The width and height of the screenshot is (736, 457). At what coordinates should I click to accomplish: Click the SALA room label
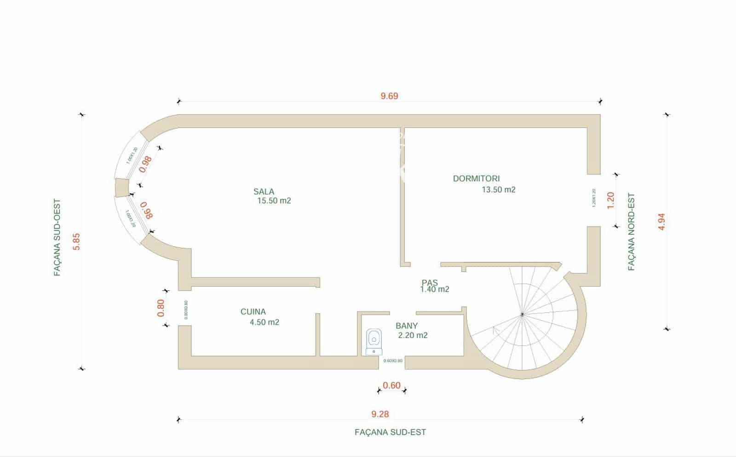[x=264, y=192]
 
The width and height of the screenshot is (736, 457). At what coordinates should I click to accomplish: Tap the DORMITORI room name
[x=476, y=179]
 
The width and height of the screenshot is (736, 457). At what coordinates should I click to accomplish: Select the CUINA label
[x=253, y=312]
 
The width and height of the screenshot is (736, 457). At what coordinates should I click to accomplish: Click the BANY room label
[x=407, y=326]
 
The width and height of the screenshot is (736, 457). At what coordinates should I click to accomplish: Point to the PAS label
[x=430, y=282]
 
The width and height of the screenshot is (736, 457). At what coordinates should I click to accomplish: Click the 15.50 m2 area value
[x=274, y=201]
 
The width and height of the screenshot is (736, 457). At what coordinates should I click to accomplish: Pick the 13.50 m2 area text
[x=498, y=190]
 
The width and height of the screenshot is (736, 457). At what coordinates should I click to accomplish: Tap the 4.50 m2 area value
[x=264, y=322]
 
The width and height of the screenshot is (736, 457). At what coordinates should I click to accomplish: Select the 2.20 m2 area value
[x=413, y=335]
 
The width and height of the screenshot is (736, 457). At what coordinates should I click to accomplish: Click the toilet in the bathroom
[x=374, y=340]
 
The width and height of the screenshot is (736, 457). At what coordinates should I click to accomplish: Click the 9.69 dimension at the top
[x=389, y=96]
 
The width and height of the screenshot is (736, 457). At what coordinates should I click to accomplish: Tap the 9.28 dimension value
[x=380, y=414]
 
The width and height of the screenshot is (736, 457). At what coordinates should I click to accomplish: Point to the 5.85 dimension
[x=77, y=242]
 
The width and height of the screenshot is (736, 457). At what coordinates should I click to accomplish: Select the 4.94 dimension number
[x=662, y=221]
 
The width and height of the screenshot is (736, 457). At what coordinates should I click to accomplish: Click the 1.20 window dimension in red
[x=611, y=200]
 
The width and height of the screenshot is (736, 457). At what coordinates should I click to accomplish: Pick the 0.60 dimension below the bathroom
[x=391, y=386]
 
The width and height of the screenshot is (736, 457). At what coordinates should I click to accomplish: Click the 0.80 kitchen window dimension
[x=161, y=308]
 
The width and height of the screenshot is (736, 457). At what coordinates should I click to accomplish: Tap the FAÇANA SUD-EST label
[x=390, y=432]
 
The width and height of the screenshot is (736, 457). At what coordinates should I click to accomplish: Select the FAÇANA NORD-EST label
[x=632, y=231]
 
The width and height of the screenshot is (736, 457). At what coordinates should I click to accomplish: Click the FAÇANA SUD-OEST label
[x=57, y=237]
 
